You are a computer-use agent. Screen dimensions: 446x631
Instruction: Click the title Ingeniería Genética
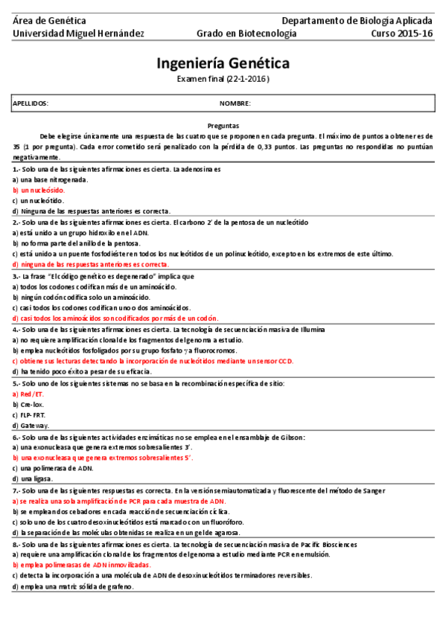[223, 63]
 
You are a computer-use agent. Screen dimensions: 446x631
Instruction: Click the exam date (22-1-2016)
[223, 79]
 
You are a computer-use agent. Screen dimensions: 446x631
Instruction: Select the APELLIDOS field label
[31, 103]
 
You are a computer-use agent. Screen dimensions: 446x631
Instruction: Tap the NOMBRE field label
[235, 103]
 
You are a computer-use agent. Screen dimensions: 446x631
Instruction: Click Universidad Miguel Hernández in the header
[78, 33]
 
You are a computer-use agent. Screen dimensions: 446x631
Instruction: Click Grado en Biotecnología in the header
[246, 33]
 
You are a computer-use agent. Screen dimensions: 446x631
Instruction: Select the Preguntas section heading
[223, 126]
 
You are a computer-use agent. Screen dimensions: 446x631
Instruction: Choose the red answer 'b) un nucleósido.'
[39, 190]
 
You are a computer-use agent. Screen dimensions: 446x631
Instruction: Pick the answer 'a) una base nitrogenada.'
[50, 179]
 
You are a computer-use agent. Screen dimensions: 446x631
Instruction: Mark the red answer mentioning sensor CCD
[153, 361]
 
